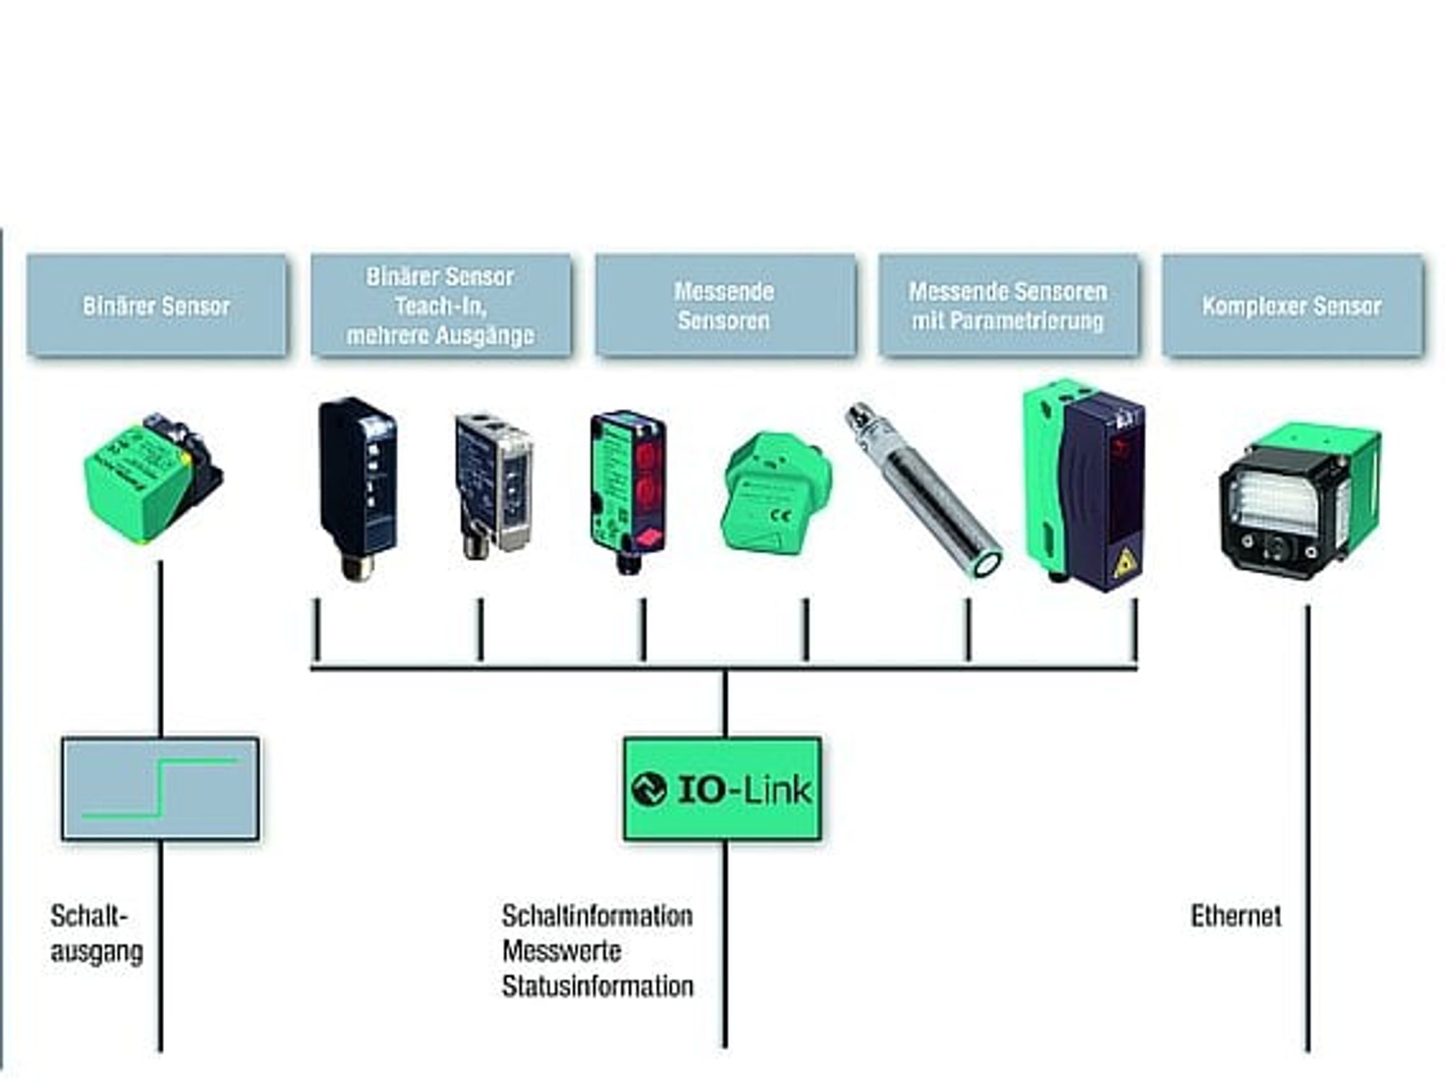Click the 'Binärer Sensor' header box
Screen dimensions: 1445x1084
157,305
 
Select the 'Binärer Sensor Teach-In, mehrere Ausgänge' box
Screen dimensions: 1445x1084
441,305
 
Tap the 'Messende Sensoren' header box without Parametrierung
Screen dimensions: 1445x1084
725,305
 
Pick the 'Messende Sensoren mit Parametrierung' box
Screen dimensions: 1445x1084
1009,305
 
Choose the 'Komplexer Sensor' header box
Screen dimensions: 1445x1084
1293,305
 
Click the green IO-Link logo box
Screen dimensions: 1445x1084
722,788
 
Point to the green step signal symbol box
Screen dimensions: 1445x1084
160,788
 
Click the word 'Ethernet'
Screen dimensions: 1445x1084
1235,916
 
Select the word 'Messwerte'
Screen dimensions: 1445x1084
561,951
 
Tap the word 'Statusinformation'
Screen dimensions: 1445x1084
598,986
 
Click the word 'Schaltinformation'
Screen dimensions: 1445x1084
597,916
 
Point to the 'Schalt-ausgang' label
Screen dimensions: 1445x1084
96,934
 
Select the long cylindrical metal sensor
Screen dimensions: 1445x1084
923,489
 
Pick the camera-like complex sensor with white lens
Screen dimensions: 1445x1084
1299,502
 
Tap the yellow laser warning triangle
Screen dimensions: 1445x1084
1124,562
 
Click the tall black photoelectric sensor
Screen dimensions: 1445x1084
358,489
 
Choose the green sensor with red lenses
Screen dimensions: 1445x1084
628,491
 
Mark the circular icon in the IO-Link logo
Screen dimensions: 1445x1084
648,789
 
